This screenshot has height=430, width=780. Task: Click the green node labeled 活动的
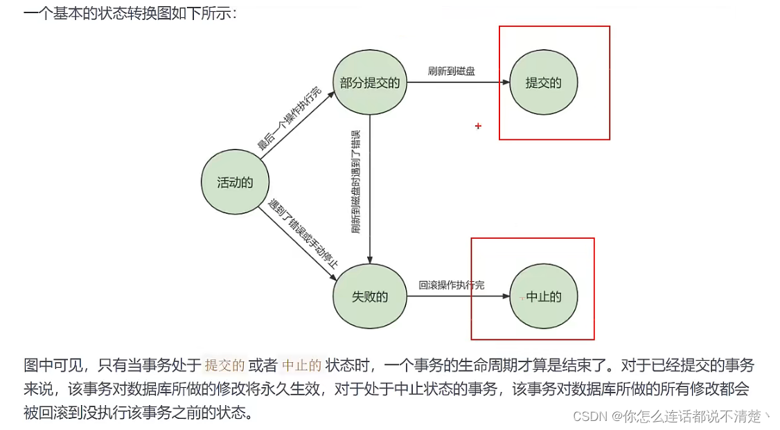click(x=235, y=183)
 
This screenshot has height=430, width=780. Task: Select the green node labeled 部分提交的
click(x=370, y=83)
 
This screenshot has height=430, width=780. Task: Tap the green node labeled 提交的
click(x=543, y=83)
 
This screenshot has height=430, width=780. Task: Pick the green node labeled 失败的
click(x=370, y=297)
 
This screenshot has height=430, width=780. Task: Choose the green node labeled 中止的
click(x=543, y=297)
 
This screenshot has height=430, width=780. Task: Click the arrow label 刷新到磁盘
click(x=452, y=71)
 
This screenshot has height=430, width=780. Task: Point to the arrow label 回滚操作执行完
click(x=452, y=285)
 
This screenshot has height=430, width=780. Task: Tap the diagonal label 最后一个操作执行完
click(x=289, y=118)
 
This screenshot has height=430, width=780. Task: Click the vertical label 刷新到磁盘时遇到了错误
click(x=355, y=181)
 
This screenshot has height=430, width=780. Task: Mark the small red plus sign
click(x=478, y=126)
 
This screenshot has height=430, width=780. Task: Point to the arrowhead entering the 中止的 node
click(x=505, y=297)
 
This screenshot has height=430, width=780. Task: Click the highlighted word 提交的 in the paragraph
click(x=224, y=365)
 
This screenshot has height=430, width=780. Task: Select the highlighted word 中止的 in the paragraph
click(x=302, y=365)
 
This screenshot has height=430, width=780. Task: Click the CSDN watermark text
click(x=668, y=416)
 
